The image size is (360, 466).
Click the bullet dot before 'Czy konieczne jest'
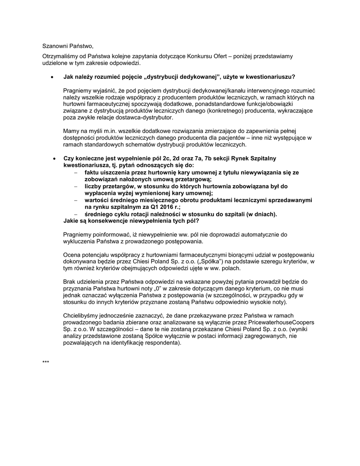pos(54,158)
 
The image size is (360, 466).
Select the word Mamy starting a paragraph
pos(71,131)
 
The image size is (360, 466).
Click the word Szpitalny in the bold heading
pos(262,158)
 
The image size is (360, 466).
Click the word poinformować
pos(108,234)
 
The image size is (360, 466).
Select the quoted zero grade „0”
pos(158,289)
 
